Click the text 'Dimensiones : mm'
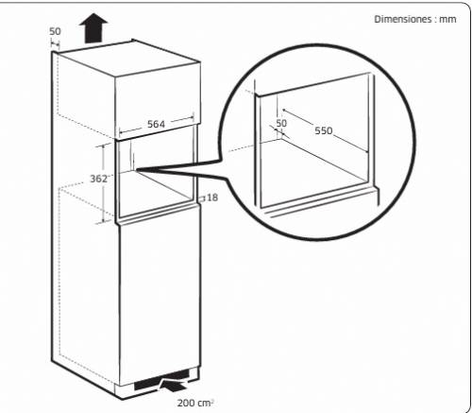pyautogui.click(x=415, y=19)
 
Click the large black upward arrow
pyautogui.click(x=93, y=27)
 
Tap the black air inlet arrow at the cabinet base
pyautogui.click(x=174, y=385)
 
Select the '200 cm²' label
pyautogui.click(x=195, y=403)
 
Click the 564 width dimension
pyautogui.click(x=156, y=124)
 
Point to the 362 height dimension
pyautogui.click(x=99, y=179)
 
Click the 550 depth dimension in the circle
pyautogui.click(x=324, y=130)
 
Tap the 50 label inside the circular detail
pyautogui.click(x=281, y=123)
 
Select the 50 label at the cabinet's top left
pyautogui.click(x=55, y=31)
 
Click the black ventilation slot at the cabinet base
pyautogui.click(x=161, y=379)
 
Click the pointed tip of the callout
pyautogui.click(x=137, y=170)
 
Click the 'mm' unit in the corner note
pyautogui.click(x=447, y=20)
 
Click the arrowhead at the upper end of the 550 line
pyautogui.click(x=284, y=111)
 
